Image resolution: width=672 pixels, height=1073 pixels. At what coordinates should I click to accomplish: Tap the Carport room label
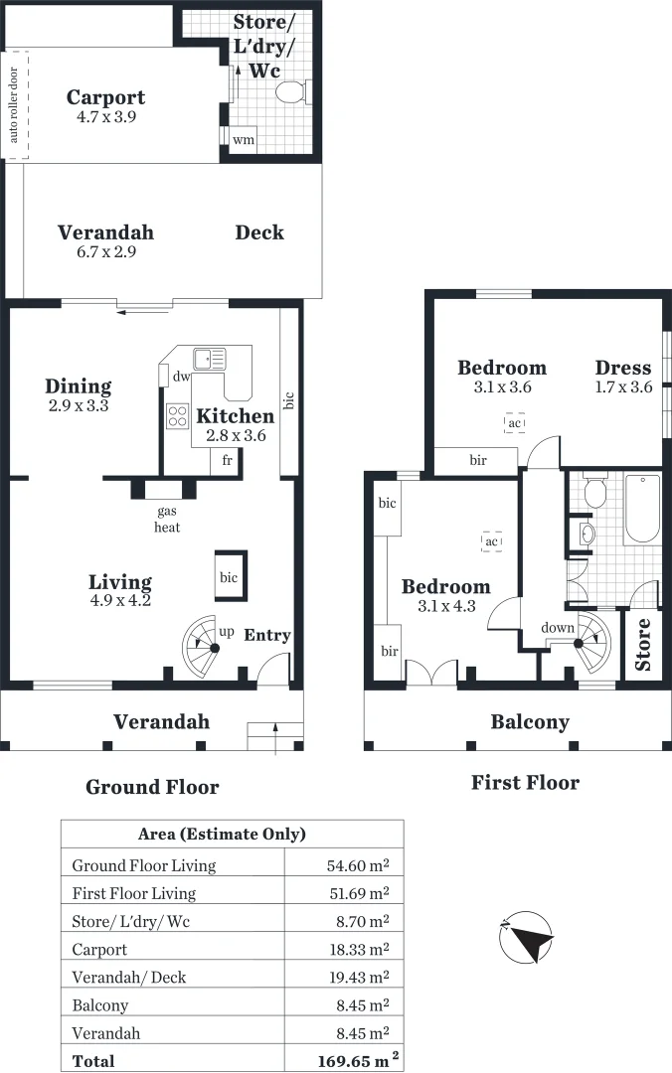(x=105, y=97)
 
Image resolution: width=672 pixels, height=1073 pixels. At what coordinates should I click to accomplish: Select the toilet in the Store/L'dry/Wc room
(x=291, y=92)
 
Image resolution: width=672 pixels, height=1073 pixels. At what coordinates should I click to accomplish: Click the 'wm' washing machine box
(x=243, y=140)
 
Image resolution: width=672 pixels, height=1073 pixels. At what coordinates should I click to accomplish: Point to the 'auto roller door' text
(x=14, y=104)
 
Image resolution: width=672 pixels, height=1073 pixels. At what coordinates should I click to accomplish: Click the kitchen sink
(x=210, y=359)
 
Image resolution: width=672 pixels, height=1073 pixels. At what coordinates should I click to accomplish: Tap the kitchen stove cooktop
(x=178, y=415)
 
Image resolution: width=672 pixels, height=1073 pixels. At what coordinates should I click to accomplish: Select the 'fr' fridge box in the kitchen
(x=227, y=460)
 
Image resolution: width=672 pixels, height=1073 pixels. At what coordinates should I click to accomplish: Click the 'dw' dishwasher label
(x=180, y=378)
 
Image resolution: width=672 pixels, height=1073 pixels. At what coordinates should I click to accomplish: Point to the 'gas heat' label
(x=166, y=520)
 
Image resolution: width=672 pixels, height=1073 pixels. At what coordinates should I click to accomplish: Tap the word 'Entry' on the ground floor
(x=266, y=635)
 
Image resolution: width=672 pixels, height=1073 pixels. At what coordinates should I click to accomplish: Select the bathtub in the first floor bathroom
(x=641, y=509)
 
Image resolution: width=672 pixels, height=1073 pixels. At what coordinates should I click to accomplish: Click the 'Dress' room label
(x=623, y=368)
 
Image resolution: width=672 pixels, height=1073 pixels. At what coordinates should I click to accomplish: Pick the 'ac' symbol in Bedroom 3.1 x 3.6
(x=514, y=423)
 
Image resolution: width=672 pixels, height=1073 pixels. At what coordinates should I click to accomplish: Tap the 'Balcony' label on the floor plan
(x=529, y=721)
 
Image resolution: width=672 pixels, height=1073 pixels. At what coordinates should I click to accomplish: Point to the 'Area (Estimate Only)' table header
(x=221, y=834)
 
